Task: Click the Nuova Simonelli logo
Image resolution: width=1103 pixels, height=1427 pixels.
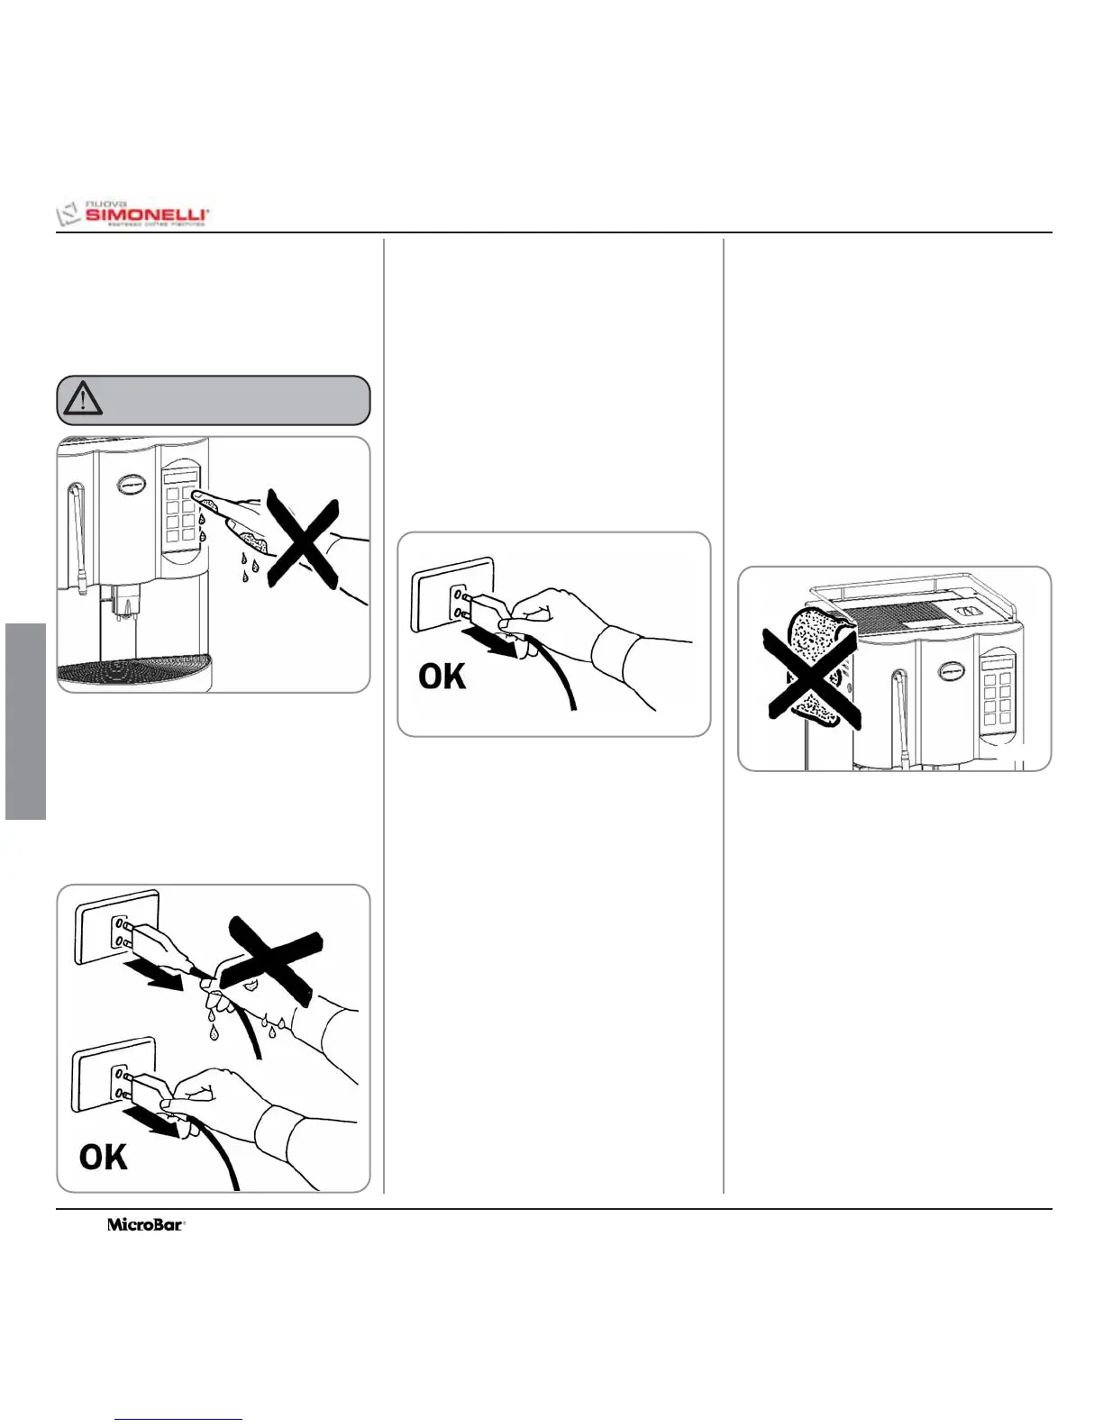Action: tap(133, 214)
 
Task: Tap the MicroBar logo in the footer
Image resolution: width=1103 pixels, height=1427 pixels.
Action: tap(146, 1225)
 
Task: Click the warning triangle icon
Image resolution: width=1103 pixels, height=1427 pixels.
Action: tap(83, 399)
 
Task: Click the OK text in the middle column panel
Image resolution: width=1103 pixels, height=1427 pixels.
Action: tap(442, 677)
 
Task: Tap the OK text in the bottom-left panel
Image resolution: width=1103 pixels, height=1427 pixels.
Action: tap(103, 1158)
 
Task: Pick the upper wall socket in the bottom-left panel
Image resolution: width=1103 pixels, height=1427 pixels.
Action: tap(117, 928)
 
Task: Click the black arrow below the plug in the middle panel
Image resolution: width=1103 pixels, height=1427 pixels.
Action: tap(490, 642)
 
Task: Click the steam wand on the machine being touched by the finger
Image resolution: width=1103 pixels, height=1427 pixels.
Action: tap(74, 536)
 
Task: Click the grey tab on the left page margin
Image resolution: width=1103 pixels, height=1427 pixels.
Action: tap(25, 721)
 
